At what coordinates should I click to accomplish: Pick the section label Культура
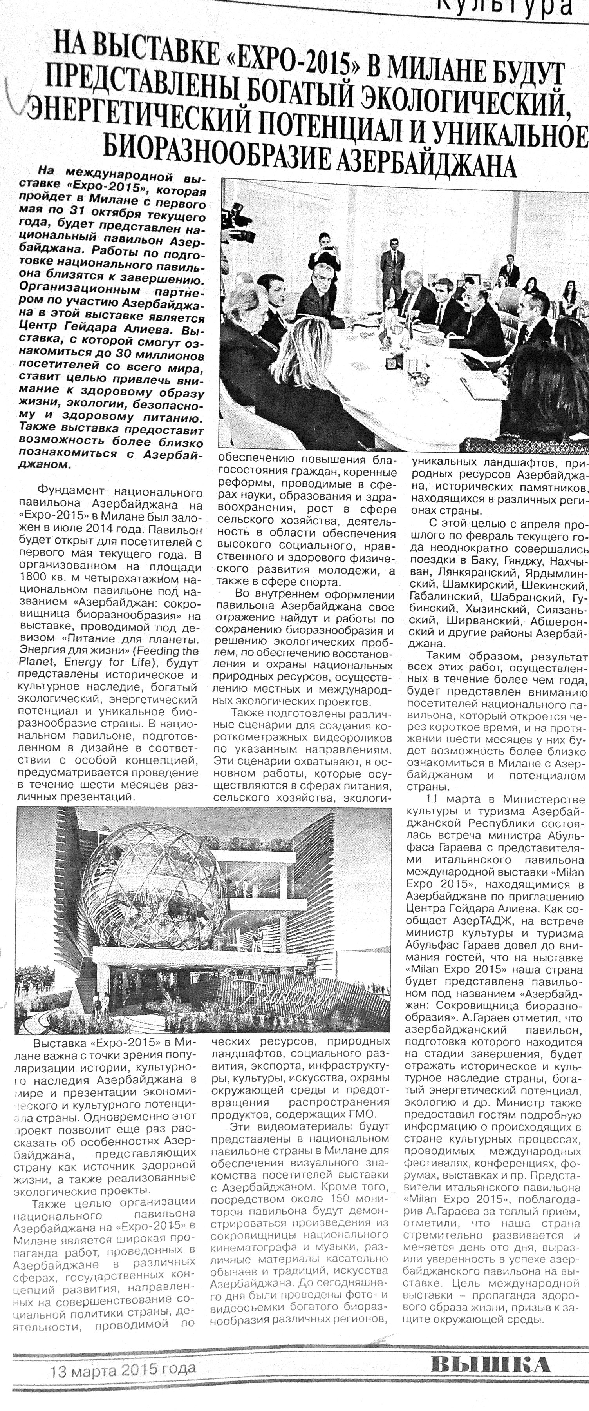(509, 7)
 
